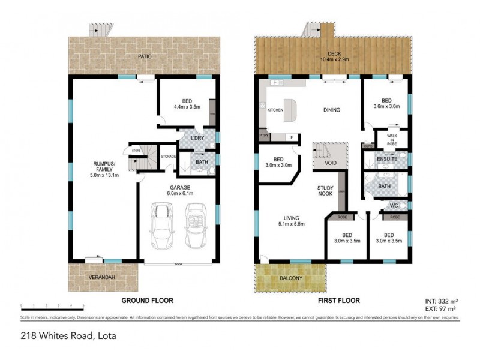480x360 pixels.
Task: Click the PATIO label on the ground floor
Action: click(143, 57)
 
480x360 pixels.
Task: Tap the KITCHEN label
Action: click(275, 110)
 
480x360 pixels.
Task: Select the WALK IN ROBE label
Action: click(391, 139)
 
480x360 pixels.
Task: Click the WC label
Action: click(394, 206)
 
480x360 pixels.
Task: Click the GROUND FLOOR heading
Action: click(148, 300)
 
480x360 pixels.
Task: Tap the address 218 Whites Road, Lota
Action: click(67, 336)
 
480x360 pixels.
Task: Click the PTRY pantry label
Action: click(263, 136)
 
